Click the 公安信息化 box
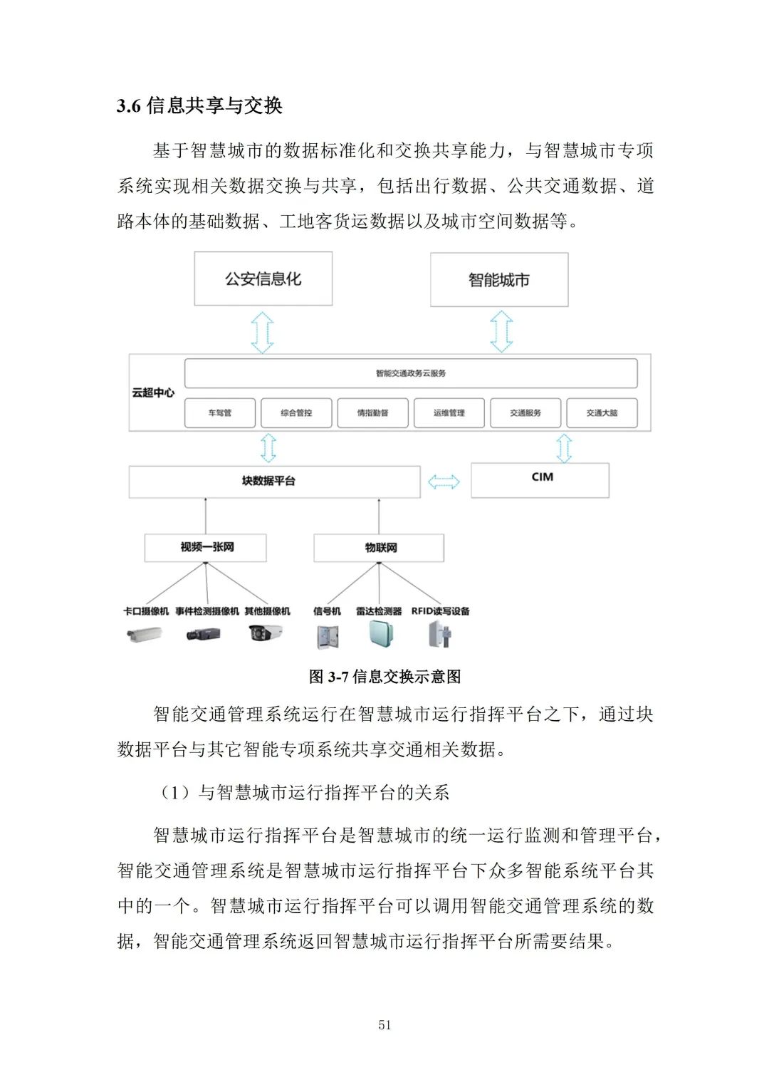coord(263,279)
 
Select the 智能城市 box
coord(499,280)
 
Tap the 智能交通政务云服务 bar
coord(411,373)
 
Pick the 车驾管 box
coord(220,413)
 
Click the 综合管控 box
coord(296,413)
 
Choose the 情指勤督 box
coord(372,413)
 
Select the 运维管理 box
coord(449,413)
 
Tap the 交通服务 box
coord(525,413)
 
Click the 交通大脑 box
coord(602,413)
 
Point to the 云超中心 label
coord(153,392)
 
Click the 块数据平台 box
coord(274,482)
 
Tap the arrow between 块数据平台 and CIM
coord(444,482)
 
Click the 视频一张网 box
coord(206,548)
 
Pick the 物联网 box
coord(379,548)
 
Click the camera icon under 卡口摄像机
coord(145,634)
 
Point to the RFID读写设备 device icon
coord(441,634)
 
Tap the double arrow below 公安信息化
coord(263,331)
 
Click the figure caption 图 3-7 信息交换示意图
coord(384,677)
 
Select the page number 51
coord(384,1025)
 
